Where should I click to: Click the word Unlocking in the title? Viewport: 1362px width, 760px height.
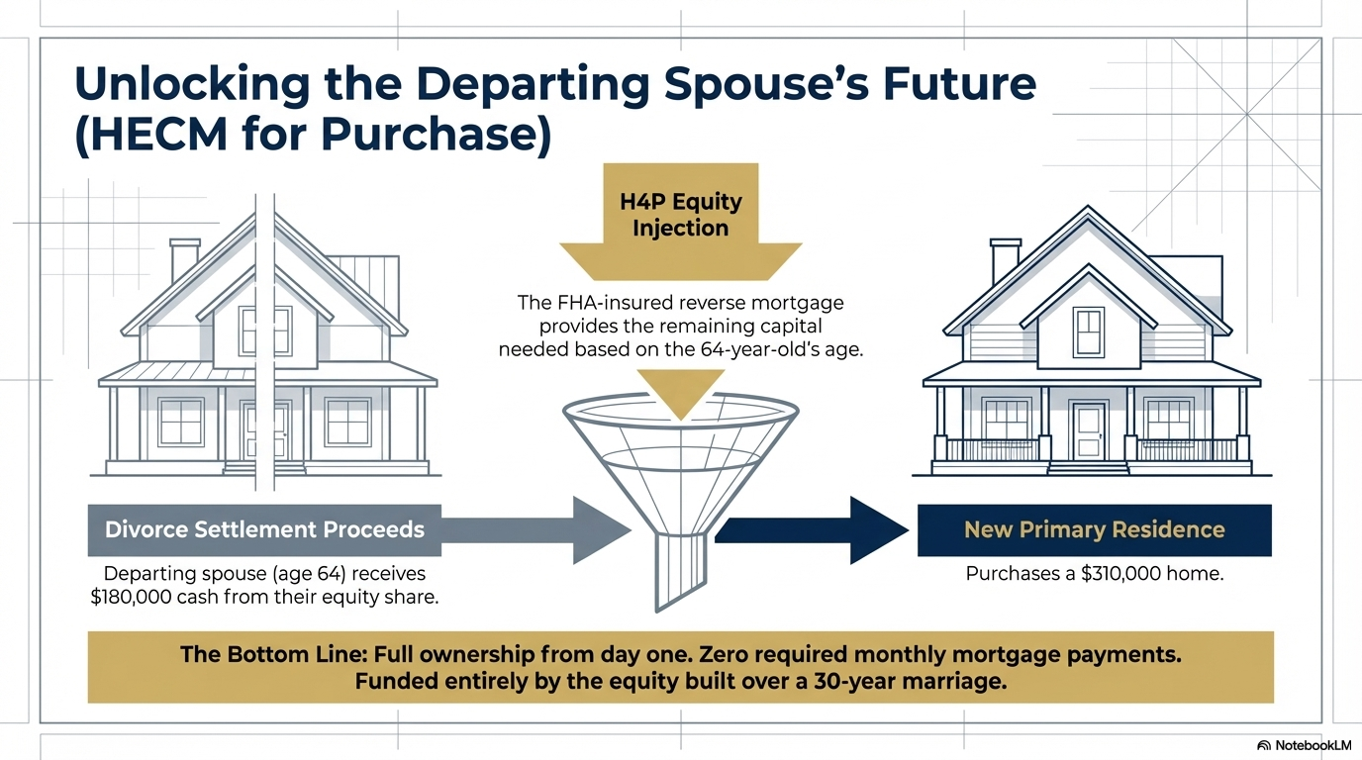[189, 84]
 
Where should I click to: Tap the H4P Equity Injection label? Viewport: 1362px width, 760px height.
[681, 216]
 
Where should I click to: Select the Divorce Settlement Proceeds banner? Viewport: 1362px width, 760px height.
[264, 528]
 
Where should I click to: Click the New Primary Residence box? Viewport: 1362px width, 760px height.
[1094, 529]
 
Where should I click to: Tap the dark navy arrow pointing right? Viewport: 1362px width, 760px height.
[812, 530]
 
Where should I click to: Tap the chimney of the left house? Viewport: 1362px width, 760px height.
[184, 259]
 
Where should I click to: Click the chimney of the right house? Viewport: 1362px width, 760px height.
[1005, 259]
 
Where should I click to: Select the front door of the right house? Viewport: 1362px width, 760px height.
[1089, 429]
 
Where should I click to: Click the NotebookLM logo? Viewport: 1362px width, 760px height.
[1304, 744]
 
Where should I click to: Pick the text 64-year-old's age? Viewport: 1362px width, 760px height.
[768, 348]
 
